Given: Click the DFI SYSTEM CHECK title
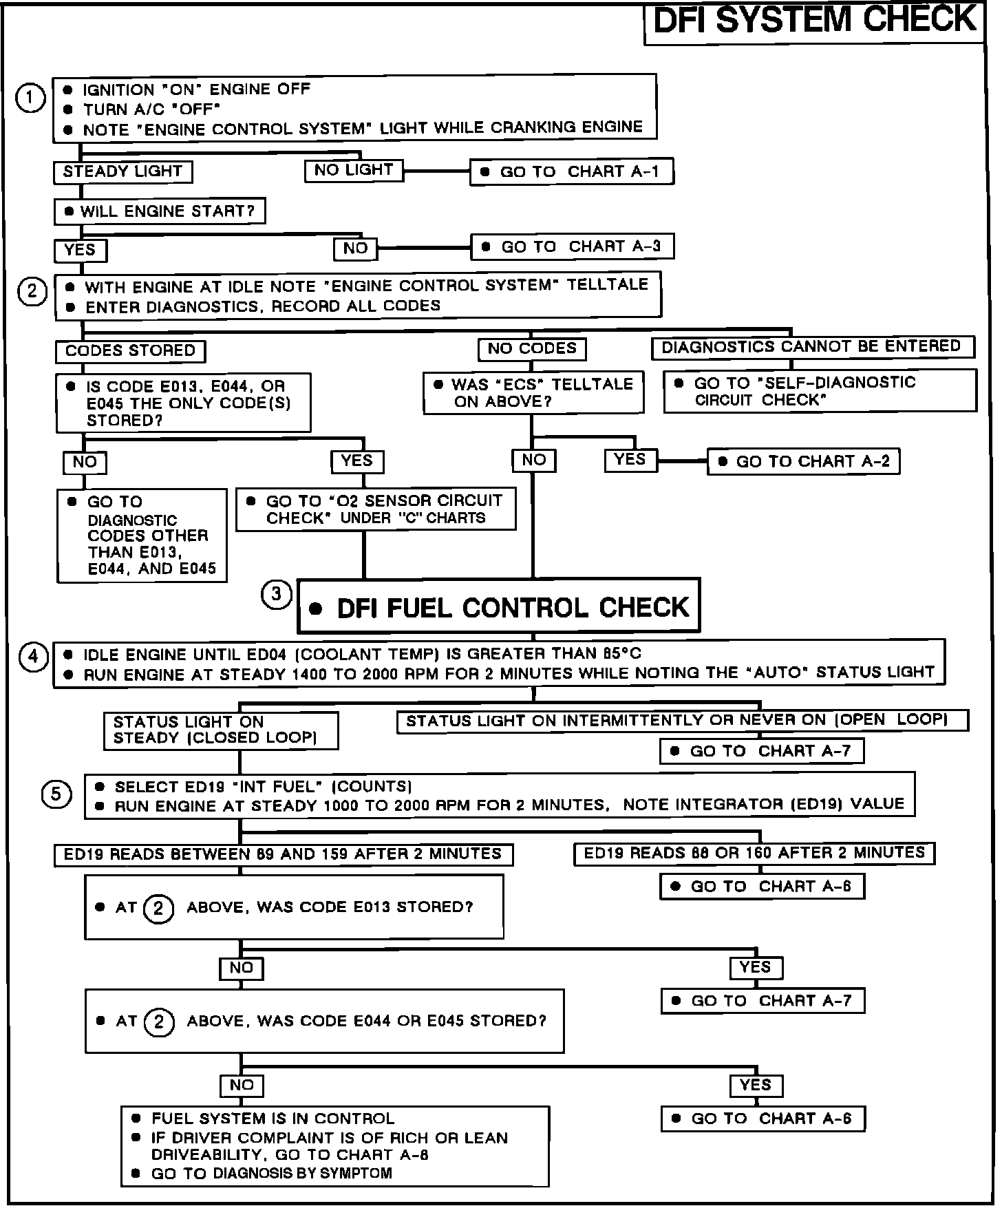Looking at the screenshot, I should [814, 21].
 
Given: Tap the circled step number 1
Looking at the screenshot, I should [30, 98].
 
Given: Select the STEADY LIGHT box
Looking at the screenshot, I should [122, 171].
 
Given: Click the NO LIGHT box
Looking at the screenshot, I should [354, 170].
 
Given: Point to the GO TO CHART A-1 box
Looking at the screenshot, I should [571, 172].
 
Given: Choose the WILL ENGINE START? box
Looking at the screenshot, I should [160, 211].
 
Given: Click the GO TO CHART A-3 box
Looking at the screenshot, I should [572, 246].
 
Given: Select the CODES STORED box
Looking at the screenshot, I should [130, 351].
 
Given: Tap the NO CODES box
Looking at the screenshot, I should [532, 349].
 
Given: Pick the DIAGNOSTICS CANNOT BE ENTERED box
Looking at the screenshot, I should [812, 346].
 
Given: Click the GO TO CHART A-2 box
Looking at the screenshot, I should [804, 462].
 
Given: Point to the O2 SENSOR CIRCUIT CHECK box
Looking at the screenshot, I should [376, 509].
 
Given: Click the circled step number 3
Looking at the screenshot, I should [277, 594].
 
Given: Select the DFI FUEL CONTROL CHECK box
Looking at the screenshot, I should [499, 606].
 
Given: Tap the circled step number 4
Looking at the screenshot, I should [33, 657].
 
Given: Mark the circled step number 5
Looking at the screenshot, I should [56, 795].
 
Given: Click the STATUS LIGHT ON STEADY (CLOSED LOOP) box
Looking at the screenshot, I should [221, 730].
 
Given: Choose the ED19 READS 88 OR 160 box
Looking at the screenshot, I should [754, 854].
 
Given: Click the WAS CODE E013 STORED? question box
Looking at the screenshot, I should [294, 907].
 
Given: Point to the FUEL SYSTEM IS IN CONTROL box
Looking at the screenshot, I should [335, 1146].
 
